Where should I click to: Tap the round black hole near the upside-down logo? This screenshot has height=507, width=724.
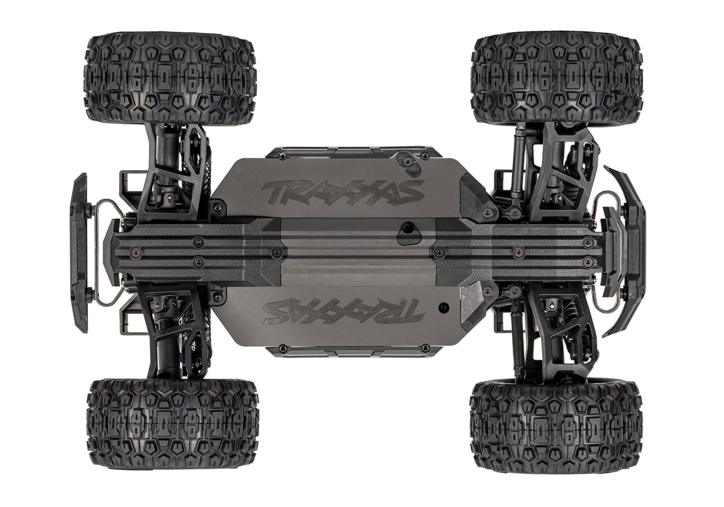coord(444,307)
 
